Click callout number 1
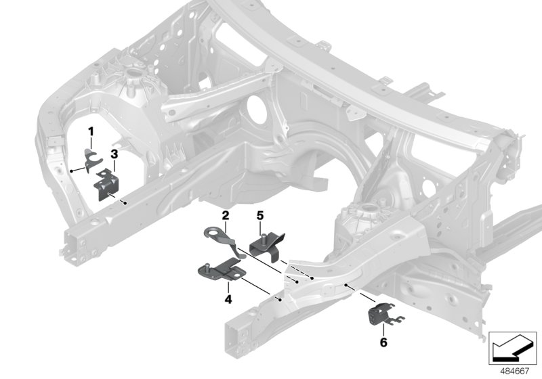point(88,131)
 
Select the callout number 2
point(225,216)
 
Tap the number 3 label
point(114,155)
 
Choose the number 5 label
point(259,216)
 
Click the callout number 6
point(383,343)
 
